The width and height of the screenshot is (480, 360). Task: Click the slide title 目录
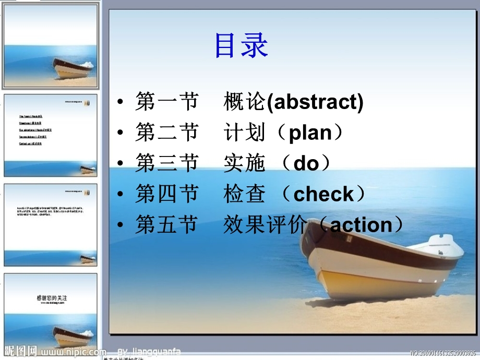(x=241, y=46)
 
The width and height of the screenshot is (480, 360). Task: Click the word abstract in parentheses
(x=315, y=102)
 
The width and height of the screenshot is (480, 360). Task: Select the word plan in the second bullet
(x=310, y=133)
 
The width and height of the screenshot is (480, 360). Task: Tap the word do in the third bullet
(x=306, y=164)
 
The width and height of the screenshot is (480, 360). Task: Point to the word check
(x=323, y=195)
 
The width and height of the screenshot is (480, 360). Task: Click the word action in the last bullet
(x=361, y=225)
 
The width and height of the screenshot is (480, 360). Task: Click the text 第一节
(x=166, y=102)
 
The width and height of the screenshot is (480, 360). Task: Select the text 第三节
(x=166, y=164)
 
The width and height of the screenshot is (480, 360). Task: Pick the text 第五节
(x=166, y=225)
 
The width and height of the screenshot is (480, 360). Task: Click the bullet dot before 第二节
(x=121, y=134)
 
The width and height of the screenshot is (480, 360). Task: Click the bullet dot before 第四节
(x=121, y=195)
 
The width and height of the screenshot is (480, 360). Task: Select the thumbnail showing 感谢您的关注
(x=51, y=310)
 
